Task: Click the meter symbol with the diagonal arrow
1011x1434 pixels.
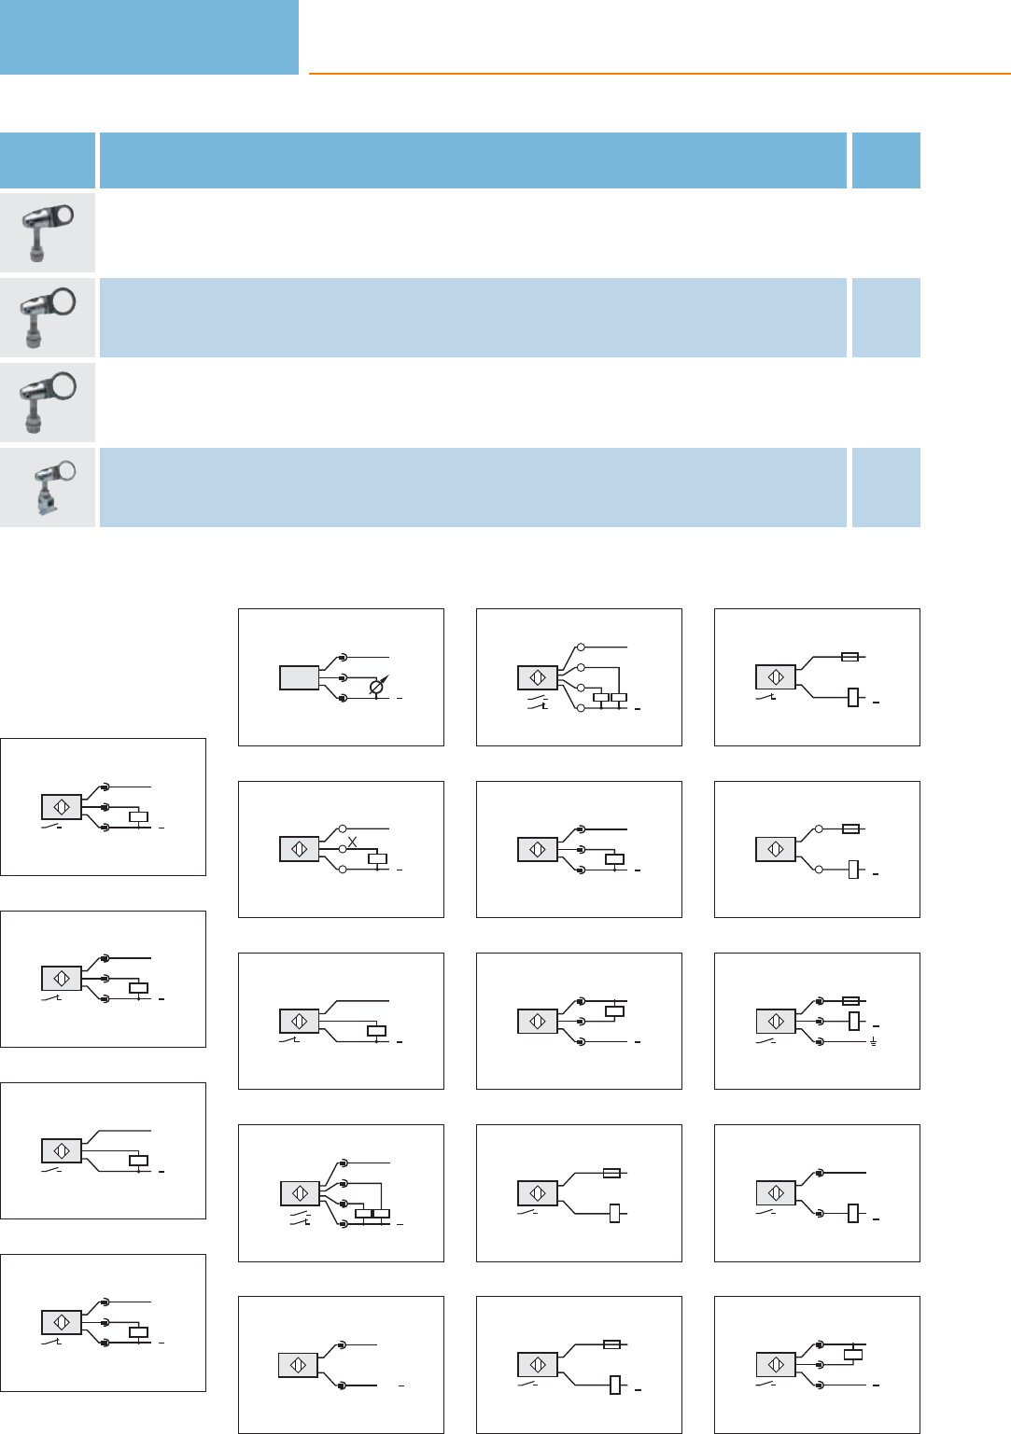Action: click(x=378, y=688)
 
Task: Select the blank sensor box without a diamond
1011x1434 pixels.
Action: click(x=300, y=677)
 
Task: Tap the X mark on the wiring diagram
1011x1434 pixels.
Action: click(x=352, y=842)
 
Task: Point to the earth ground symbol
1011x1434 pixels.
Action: click(x=874, y=1042)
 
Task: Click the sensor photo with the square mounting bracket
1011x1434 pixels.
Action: click(x=48, y=488)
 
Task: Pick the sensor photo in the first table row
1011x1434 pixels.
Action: click(x=48, y=231)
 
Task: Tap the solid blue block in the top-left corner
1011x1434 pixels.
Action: click(x=148, y=36)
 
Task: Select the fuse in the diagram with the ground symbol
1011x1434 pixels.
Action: click(x=850, y=1001)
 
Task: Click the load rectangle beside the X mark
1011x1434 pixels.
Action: click(x=378, y=859)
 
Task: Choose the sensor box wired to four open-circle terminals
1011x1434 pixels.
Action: click(x=538, y=677)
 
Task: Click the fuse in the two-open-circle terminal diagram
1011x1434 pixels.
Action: click(x=850, y=828)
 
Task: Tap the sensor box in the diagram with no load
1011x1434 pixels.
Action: click(x=299, y=1365)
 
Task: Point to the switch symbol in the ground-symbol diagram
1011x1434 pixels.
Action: click(x=766, y=1041)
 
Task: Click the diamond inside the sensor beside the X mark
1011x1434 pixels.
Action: click(x=300, y=849)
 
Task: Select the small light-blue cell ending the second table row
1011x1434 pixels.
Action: click(x=886, y=317)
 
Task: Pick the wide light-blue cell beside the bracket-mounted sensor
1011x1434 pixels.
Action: click(x=472, y=487)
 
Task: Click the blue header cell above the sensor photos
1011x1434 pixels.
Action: click(x=48, y=160)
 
